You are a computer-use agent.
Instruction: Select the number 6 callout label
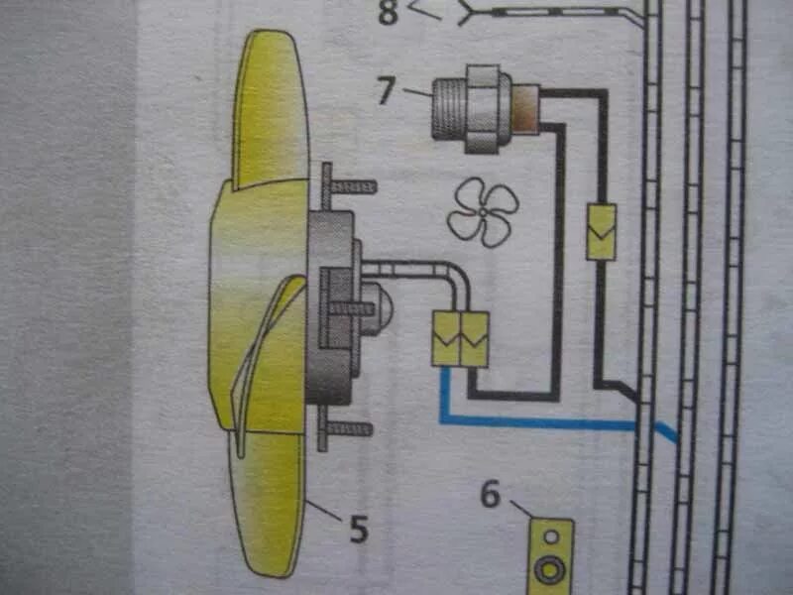coord(491,494)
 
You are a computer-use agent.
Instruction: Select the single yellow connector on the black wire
coord(601,231)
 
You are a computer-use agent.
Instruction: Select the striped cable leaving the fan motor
coord(416,269)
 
